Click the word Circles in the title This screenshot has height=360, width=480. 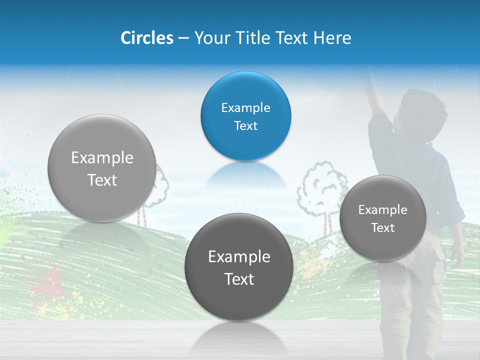(x=146, y=37)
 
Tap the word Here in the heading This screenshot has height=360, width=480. (x=332, y=37)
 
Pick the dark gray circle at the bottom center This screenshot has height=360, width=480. (x=239, y=266)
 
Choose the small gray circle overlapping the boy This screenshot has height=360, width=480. (x=382, y=218)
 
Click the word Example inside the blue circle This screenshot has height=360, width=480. (x=245, y=107)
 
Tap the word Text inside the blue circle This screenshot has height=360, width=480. (x=245, y=125)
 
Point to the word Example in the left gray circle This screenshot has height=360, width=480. (x=102, y=158)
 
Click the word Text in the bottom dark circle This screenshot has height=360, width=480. (x=239, y=279)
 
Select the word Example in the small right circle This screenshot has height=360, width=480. (x=382, y=209)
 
